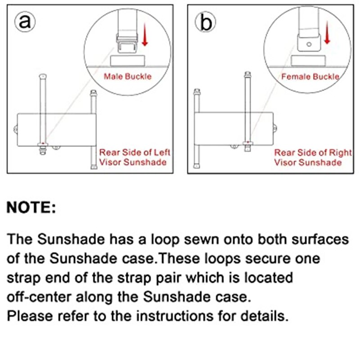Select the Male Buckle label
pyautogui.click(x=128, y=76)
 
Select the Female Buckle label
pyautogui.click(x=310, y=76)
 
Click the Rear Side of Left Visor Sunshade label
pyautogui.click(x=135, y=157)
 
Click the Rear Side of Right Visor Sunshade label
pyautogui.click(x=313, y=157)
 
